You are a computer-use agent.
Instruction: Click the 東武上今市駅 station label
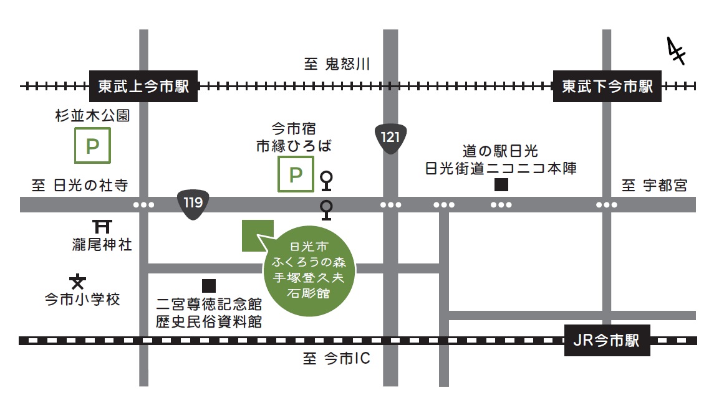pos(143,86)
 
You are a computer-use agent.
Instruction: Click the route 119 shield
pos(193,203)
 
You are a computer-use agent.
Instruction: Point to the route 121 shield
pos(390,137)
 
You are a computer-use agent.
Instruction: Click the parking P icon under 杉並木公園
pos(92,146)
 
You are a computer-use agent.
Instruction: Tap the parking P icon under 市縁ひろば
pos(296,174)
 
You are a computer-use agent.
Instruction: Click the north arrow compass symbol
pos(675,51)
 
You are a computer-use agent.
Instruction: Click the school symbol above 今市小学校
pos(78,282)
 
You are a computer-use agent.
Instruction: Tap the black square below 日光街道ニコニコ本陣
pos(501,184)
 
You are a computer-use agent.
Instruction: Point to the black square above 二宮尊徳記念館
pos(209,286)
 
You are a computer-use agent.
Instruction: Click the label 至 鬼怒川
pos(337,64)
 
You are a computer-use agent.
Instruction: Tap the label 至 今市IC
pos(337,359)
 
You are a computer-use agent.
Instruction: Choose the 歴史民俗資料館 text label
pos(209,322)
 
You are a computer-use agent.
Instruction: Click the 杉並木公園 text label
pos(92,116)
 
